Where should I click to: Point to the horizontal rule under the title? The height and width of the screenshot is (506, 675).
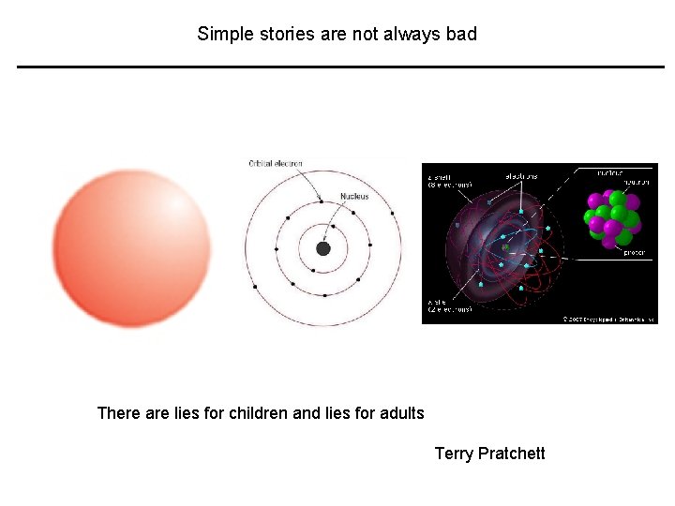point(340,67)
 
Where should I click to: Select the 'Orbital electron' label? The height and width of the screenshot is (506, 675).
point(276,164)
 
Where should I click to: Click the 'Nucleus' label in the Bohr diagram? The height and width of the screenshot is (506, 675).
point(354,196)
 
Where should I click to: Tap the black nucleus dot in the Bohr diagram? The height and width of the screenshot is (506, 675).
point(323,248)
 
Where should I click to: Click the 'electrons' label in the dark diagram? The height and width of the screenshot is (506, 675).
point(521,175)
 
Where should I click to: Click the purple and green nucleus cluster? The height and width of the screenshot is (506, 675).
point(611,218)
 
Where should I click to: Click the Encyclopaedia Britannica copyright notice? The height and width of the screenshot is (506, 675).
point(608,319)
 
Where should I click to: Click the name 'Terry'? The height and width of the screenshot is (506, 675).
point(454,454)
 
